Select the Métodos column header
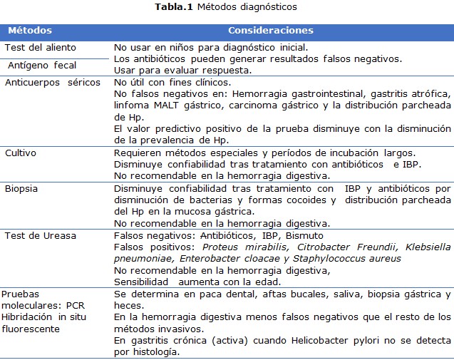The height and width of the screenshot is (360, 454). coord(29,31)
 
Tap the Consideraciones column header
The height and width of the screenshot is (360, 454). coord(270,31)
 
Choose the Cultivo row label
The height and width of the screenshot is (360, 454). coord(21,153)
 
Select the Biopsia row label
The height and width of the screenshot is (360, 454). coord(22,188)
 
